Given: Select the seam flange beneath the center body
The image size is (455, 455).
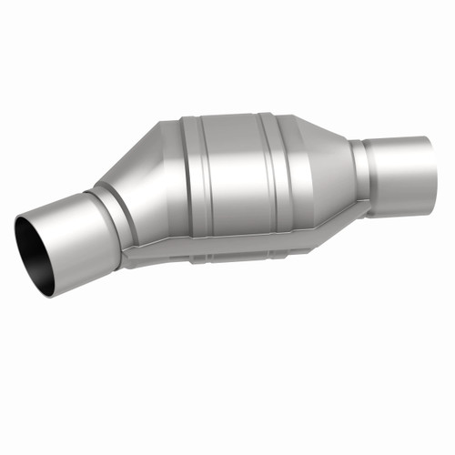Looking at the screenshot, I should (227, 255).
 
